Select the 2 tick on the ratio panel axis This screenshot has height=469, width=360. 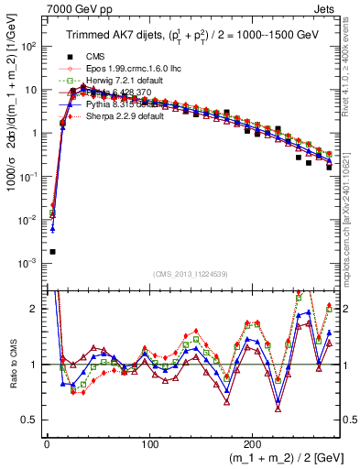(34, 309)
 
